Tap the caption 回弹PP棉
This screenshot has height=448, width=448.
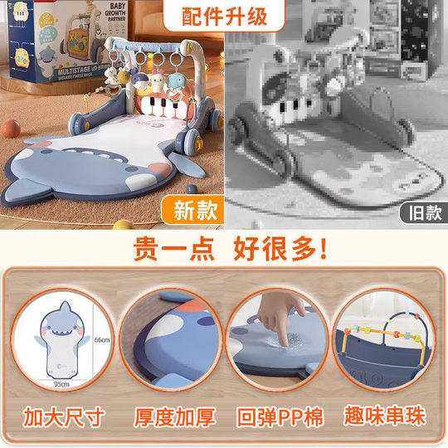(280, 415)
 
